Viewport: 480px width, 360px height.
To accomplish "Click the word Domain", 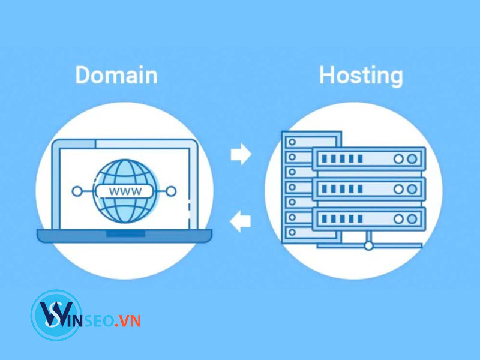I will point(116,76).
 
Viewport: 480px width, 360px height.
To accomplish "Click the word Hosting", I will point(361,76).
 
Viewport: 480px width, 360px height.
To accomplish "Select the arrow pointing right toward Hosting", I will point(241,154).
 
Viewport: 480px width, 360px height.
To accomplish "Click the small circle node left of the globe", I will point(77,191).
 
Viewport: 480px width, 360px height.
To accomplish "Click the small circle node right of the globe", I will point(172,191).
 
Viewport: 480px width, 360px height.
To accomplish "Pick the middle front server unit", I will point(368,189).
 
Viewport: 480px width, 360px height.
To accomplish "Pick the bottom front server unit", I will point(368,218).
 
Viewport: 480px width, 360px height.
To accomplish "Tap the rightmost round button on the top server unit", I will point(412,160).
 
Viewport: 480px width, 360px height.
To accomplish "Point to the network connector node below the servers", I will point(368,245).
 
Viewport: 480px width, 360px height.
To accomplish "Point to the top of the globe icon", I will point(124,160).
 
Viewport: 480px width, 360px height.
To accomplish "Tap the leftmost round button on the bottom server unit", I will point(398,218).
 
